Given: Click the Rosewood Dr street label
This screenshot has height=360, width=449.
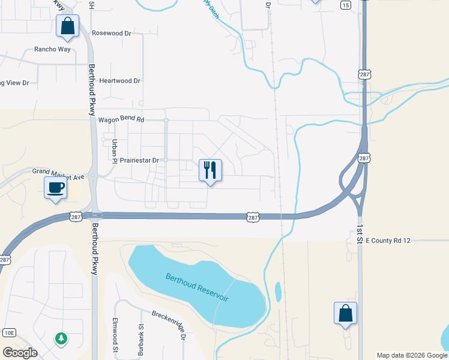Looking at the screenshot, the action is pos(111,34).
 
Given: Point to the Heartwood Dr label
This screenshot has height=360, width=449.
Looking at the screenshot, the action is pos(119,80).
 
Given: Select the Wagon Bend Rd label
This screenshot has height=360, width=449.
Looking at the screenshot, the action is pos(122,120).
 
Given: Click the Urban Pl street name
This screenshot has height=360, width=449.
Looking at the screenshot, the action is pos(114,150).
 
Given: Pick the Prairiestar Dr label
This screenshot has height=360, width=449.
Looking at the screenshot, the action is pos(139,161).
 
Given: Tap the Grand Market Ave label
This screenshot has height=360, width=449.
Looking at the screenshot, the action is pos(59,172).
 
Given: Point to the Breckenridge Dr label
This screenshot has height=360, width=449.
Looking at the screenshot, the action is pos(169,325).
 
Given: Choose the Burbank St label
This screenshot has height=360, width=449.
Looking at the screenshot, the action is pos(142,341).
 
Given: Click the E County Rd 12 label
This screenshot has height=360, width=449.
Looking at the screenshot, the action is pos(388,241).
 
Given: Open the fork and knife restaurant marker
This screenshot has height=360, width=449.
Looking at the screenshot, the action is pos(210,170).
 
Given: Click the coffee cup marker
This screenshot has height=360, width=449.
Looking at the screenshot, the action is pos(56,187).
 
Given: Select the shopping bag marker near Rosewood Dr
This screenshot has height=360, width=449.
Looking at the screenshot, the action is pos(67,26).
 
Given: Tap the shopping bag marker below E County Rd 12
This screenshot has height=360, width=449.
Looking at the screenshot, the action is pos(345,313).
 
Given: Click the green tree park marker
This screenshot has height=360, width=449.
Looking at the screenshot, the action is pos(61,338).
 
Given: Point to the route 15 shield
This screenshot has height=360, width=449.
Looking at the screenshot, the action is pos(345,5).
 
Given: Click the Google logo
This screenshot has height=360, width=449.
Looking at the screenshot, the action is pos(20,352).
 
